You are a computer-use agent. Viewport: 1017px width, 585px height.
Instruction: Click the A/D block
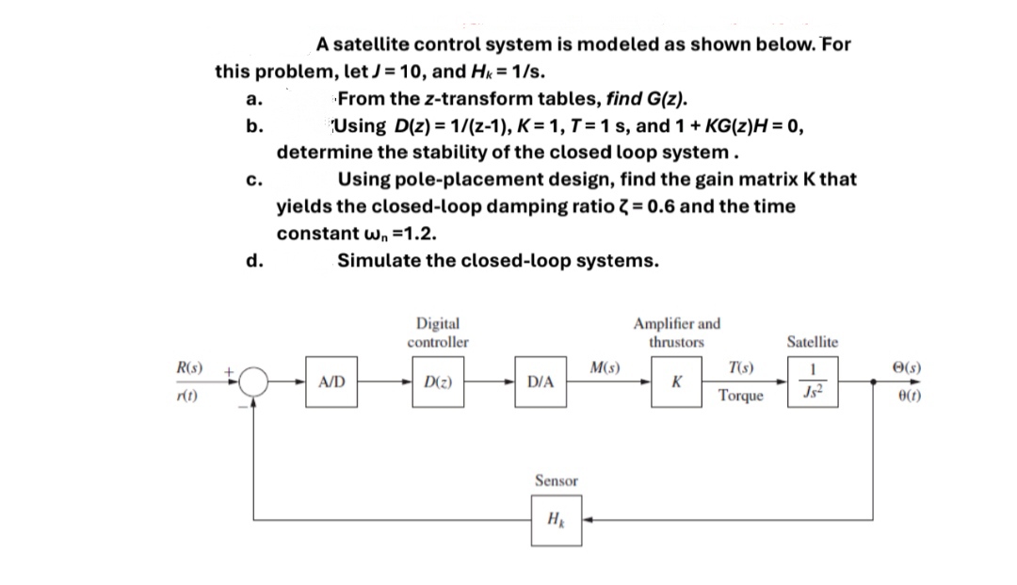tap(331, 383)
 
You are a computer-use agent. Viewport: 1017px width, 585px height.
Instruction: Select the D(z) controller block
tap(436, 383)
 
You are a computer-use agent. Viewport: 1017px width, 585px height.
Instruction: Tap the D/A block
tap(541, 383)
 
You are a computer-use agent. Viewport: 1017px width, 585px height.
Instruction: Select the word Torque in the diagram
tap(739, 397)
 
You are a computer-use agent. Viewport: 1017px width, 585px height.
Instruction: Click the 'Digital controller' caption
tap(438, 333)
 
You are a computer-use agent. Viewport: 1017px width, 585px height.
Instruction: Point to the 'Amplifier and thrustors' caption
tap(677, 333)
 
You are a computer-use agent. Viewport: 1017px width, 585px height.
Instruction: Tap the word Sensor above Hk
tap(557, 481)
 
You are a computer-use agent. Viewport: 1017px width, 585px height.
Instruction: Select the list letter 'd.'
tap(251, 260)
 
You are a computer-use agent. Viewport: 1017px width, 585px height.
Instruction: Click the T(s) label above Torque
tap(739, 367)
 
